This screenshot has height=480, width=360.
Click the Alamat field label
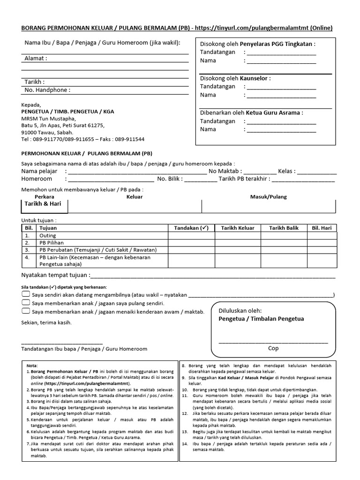coord(36,59)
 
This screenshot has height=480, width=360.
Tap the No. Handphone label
coord(47,90)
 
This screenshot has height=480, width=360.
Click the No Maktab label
coord(225,171)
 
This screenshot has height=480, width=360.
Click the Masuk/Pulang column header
coord(269,197)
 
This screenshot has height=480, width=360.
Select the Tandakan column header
coord(191,228)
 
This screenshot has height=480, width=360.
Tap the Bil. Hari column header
coord(322,228)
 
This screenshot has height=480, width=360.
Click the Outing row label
coord(48,235)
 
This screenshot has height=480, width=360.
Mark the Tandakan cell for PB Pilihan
coord(192,243)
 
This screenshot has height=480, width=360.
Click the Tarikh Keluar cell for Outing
coord(238,235)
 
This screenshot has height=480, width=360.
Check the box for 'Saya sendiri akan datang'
coord(26,294)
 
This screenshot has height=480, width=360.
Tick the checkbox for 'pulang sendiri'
coord(26,303)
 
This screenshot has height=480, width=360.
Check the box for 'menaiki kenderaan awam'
coord(26,311)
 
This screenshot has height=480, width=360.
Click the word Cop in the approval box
coord(273,348)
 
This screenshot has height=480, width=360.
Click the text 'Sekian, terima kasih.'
coord(47,322)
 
